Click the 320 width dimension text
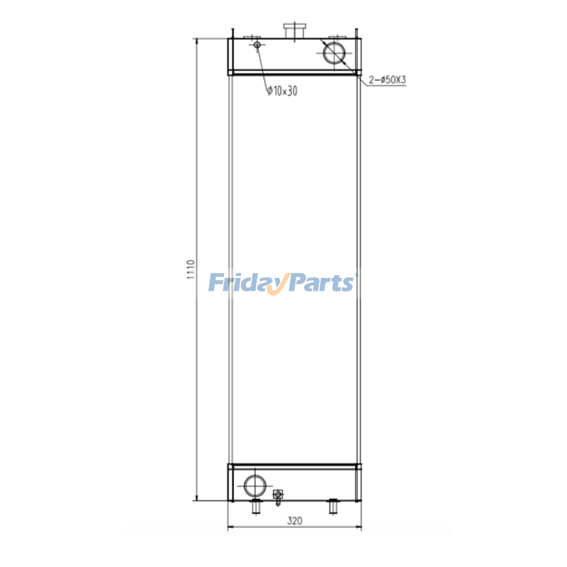coord(294,521)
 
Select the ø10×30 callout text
coord(281,89)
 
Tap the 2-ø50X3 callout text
coord(387,80)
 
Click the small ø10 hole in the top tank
coord(257,46)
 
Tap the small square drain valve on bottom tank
coord(278,493)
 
